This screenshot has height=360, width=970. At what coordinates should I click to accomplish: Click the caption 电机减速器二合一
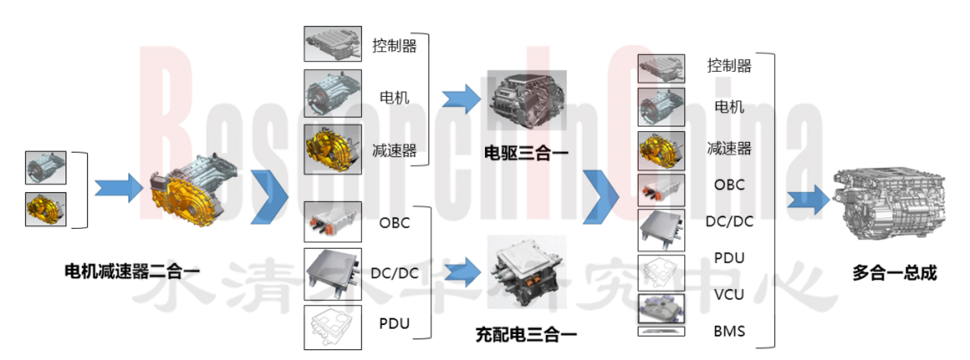pos(131,272)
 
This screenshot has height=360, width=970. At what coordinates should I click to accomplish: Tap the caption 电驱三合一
pos(526,153)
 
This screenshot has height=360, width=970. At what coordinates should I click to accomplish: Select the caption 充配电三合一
pos(526,335)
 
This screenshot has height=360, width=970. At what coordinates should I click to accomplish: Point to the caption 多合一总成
pos(894,273)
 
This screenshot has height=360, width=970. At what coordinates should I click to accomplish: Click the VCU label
pos(729,295)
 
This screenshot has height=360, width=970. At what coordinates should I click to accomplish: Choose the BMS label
pos(729,331)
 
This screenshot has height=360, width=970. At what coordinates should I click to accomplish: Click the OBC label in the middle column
pos(394,223)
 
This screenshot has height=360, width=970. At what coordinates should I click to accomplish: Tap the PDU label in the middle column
pos(394,324)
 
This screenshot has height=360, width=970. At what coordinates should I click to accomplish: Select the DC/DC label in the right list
pos(729,222)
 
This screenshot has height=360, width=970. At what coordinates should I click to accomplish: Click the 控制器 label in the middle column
pos(394,46)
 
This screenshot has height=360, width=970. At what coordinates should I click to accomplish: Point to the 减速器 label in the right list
pos(729,149)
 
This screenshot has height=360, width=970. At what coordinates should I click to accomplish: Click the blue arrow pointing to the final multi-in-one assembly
pos(808,200)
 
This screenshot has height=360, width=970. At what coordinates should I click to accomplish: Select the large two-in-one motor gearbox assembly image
pos(193,190)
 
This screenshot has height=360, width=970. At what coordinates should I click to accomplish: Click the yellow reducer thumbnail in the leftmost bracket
pos(46,209)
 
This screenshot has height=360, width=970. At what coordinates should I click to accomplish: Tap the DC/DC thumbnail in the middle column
pos(333,274)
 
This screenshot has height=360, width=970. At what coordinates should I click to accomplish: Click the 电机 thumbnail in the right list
pos(661,107)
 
